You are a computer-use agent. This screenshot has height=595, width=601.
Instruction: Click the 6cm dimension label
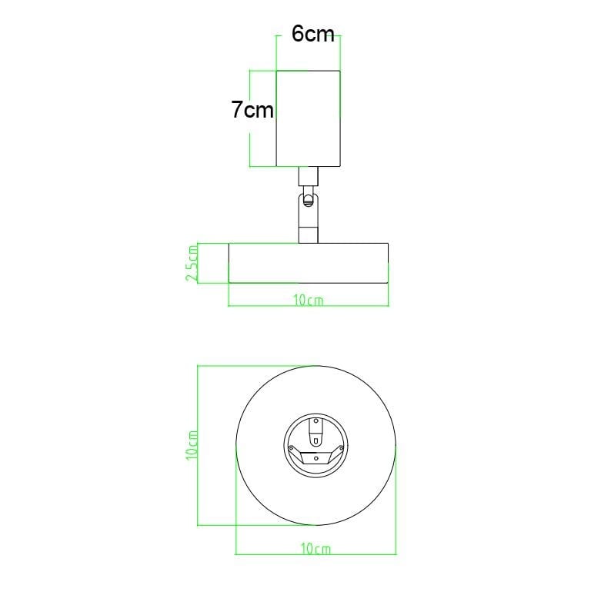click(x=312, y=34)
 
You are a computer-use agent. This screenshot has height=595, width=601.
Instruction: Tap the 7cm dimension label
click(x=252, y=109)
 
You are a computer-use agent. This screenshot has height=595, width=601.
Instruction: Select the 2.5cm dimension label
click(x=192, y=264)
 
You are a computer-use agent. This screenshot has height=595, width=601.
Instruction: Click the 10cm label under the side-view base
click(x=309, y=301)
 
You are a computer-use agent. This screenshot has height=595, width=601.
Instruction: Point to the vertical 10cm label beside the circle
click(x=192, y=445)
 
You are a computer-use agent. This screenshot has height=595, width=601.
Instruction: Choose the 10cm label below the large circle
click(x=316, y=549)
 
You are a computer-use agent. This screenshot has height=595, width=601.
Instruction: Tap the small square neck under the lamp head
click(x=309, y=177)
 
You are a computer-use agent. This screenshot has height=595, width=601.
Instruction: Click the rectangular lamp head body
click(x=309, y=118)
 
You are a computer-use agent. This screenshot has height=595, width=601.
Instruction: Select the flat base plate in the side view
click(x=309, y=263)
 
